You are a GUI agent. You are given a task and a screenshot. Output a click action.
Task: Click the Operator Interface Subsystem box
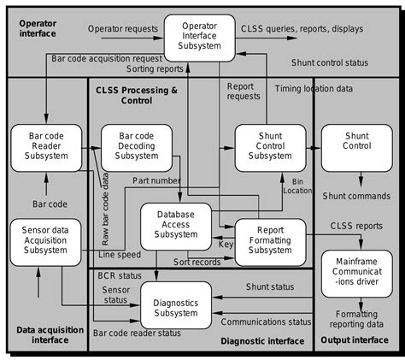pos(199,37)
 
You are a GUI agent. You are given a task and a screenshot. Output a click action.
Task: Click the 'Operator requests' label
pos(123,29)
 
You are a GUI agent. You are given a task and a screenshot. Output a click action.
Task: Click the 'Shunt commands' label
pos(355,196)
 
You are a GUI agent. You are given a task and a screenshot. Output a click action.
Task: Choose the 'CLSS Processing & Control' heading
pos(138,94)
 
